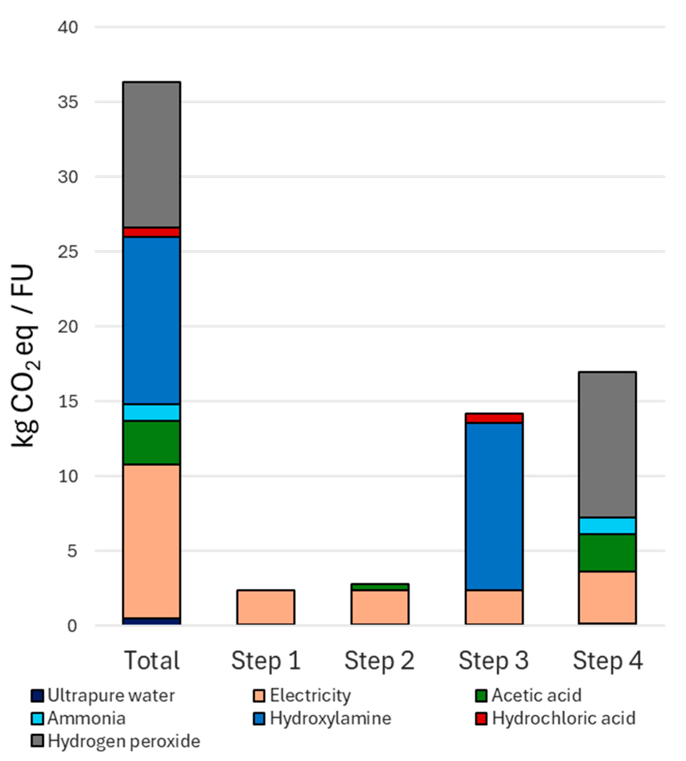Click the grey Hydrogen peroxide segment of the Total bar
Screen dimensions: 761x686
[152, 155]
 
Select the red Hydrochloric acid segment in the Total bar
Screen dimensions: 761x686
[152, 232]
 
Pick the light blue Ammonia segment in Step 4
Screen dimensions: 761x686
[607, 526]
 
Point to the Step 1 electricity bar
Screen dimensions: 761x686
[266, 607]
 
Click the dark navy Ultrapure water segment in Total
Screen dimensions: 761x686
[152, 621]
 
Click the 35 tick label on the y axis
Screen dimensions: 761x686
[68, 102]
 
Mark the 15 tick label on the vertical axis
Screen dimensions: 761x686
[68, 401]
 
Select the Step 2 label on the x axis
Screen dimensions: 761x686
[380, 661]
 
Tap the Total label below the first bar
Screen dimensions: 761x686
[152, 661]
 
